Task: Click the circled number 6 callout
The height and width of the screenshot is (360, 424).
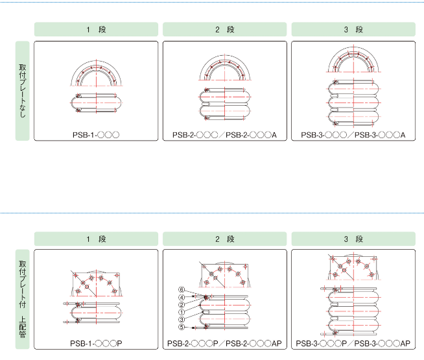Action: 182,290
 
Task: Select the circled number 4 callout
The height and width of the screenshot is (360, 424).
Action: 182,298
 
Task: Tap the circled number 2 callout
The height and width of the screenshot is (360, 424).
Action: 182,305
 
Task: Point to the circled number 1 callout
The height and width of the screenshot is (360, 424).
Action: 182,313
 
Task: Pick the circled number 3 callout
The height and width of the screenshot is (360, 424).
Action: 182,320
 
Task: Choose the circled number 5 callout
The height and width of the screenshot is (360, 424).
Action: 182,328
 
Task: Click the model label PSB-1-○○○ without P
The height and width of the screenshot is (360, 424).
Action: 96,135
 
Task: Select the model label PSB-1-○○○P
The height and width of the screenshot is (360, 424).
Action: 96,344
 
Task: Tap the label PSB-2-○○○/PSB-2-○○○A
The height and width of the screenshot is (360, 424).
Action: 224,135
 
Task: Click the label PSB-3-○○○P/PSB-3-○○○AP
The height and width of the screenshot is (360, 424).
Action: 353,344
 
